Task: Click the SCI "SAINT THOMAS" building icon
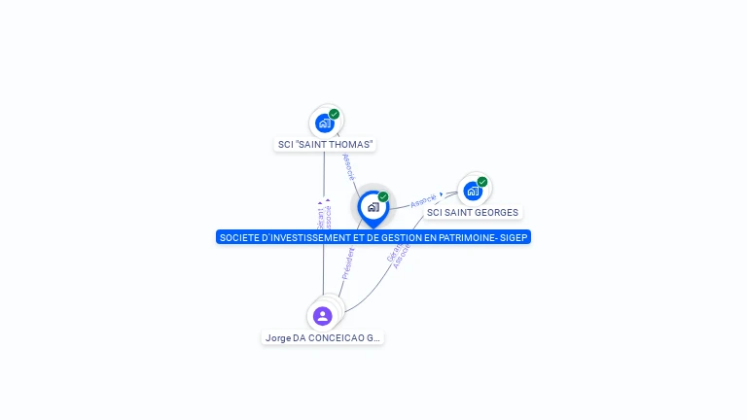tap(324, 123)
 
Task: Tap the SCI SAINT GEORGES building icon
tap(473, 191)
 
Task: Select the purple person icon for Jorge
tap(323, 316)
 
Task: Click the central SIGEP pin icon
tap(373, 207)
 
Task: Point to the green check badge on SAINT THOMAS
tap(335, 114)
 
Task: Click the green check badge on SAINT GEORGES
tap(482, 181)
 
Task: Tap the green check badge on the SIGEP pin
tap(383, 196)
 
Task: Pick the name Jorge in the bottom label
tap(278, 338)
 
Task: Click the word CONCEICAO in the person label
tap(337, 338)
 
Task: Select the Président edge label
tap(348, 263)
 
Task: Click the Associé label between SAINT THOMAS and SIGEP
tap(348, 166)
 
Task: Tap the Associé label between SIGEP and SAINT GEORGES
tap(424, 201)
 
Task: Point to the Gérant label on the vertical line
tap(320, 216)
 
